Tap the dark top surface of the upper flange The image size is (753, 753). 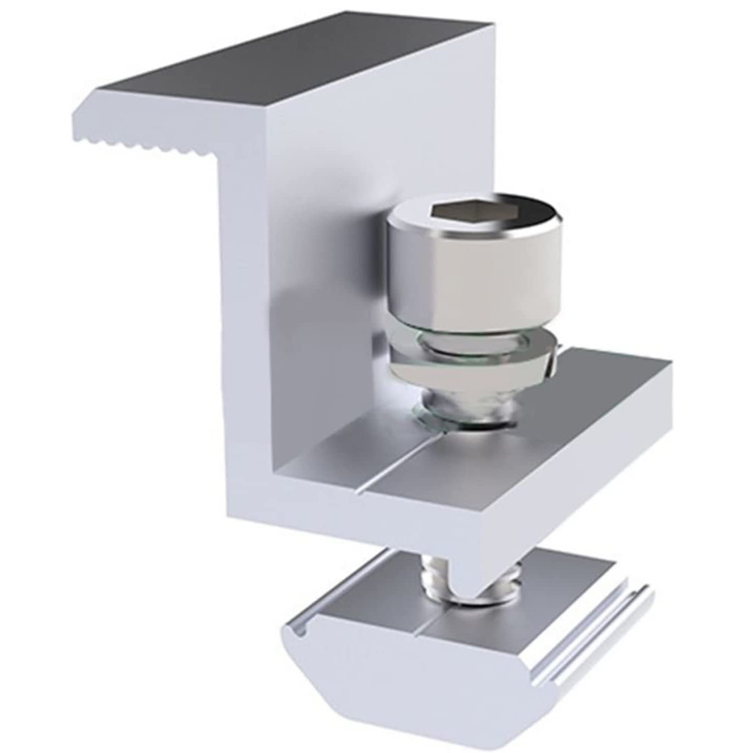point(301,68)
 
